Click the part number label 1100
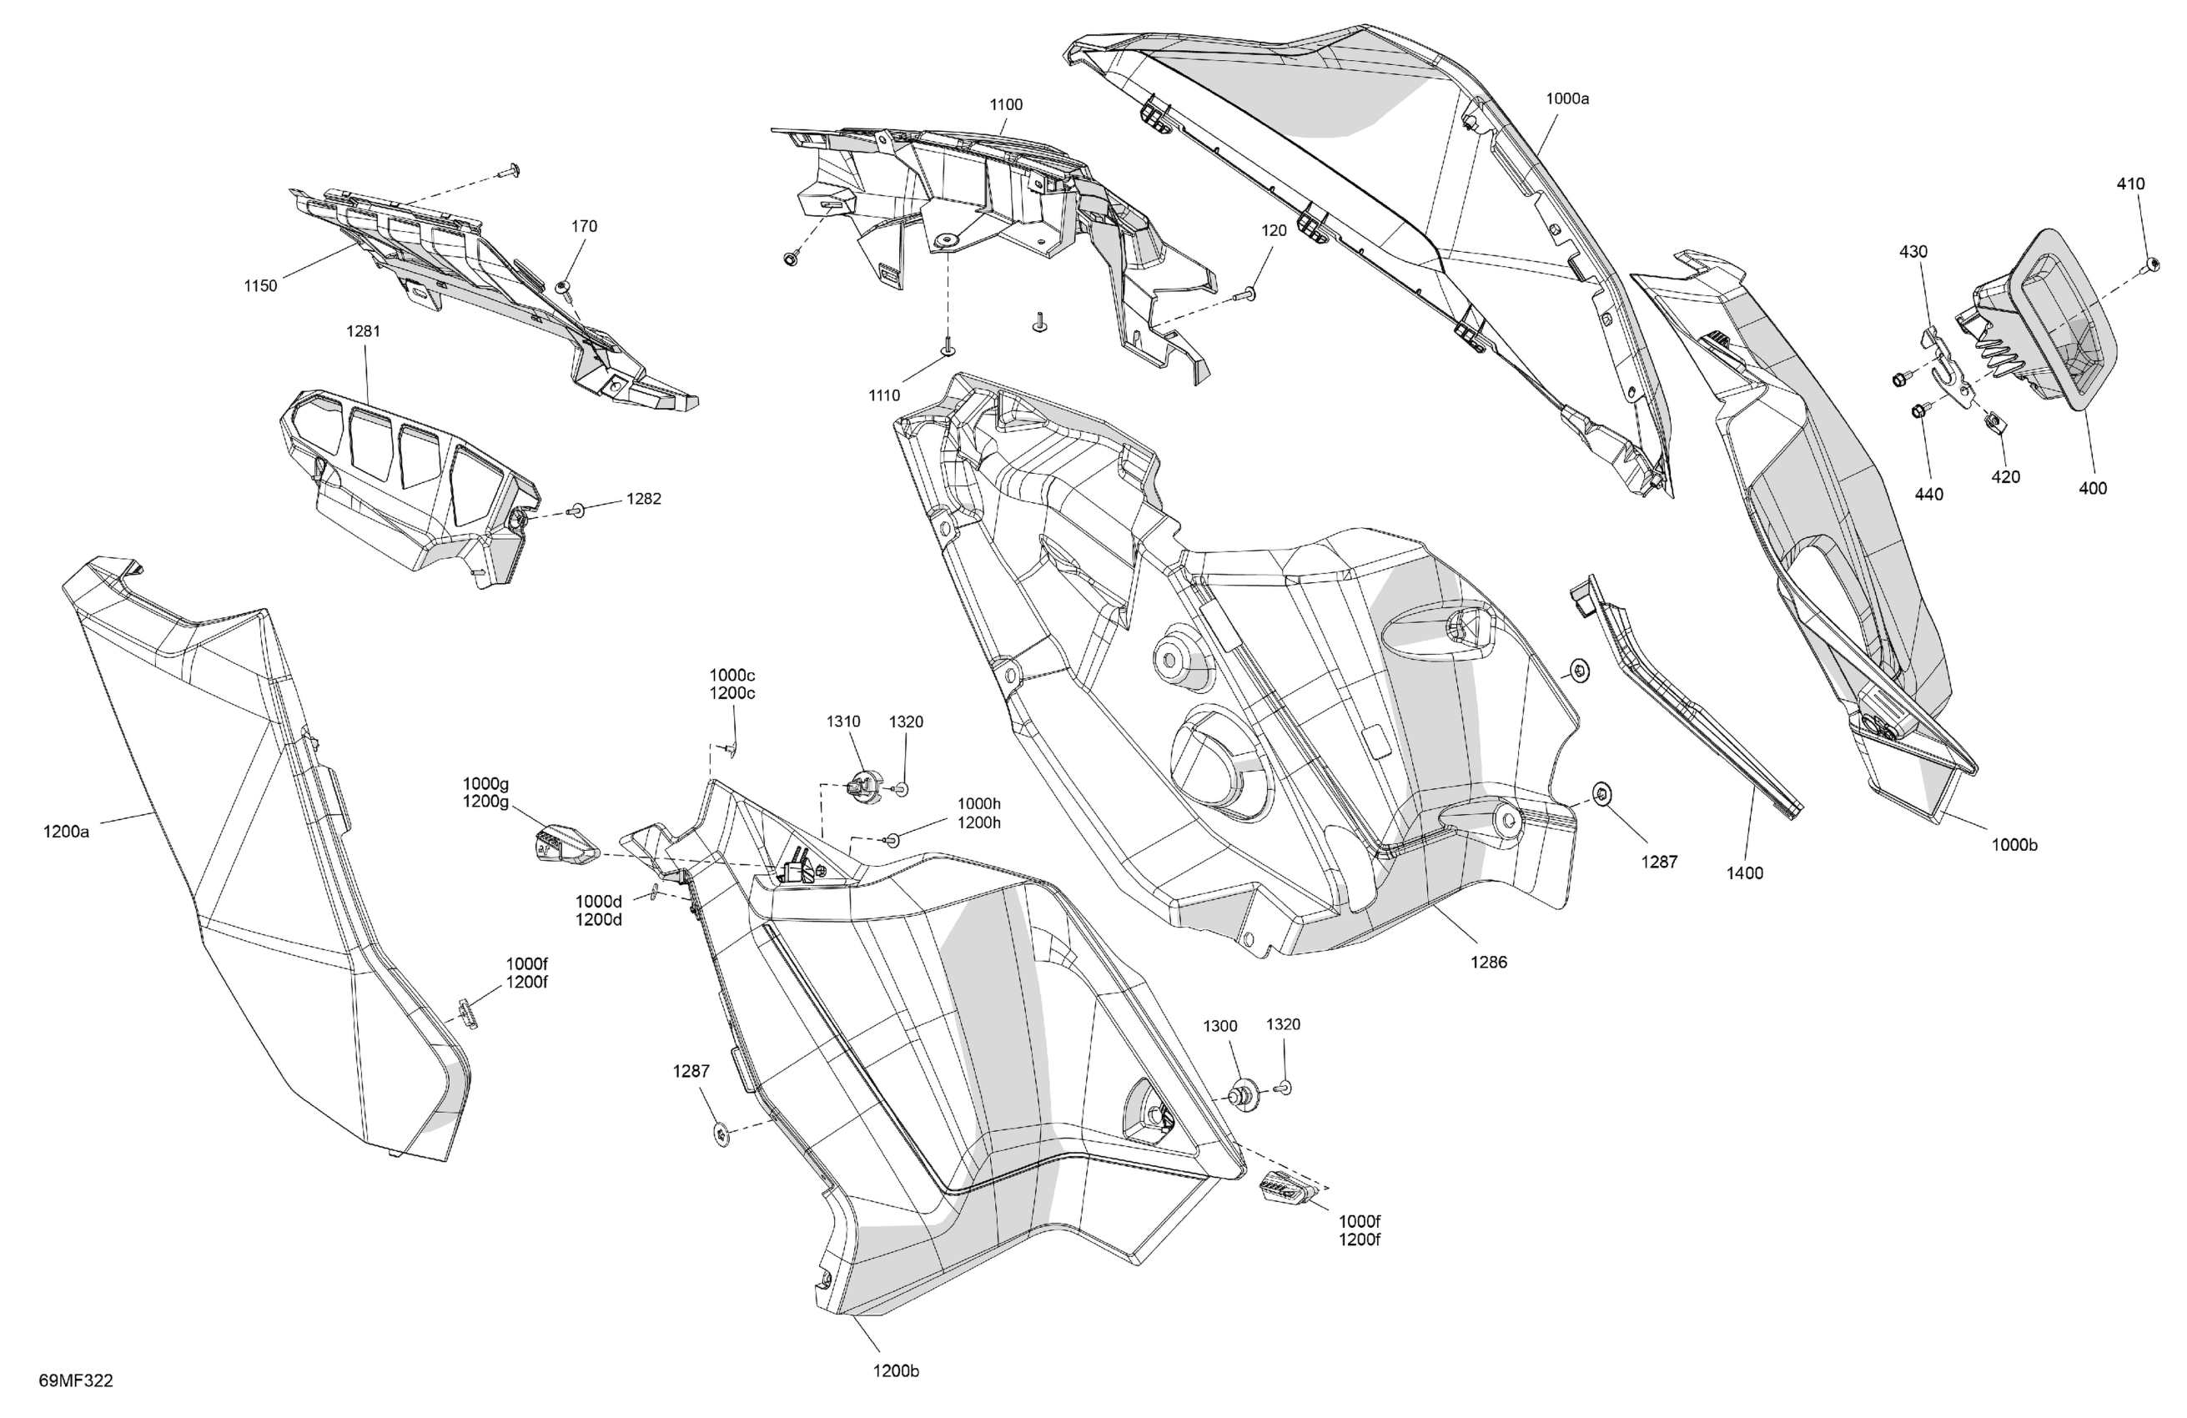1005,105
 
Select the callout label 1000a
1566,98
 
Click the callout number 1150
260,286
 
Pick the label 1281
363,331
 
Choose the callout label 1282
643,499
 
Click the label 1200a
66,832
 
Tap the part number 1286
1489,963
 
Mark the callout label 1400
1744,873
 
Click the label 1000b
2014,845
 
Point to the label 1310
842,722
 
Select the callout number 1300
1220,1027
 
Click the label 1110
884,396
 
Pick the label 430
1913,252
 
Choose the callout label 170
585,226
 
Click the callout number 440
1928,495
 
